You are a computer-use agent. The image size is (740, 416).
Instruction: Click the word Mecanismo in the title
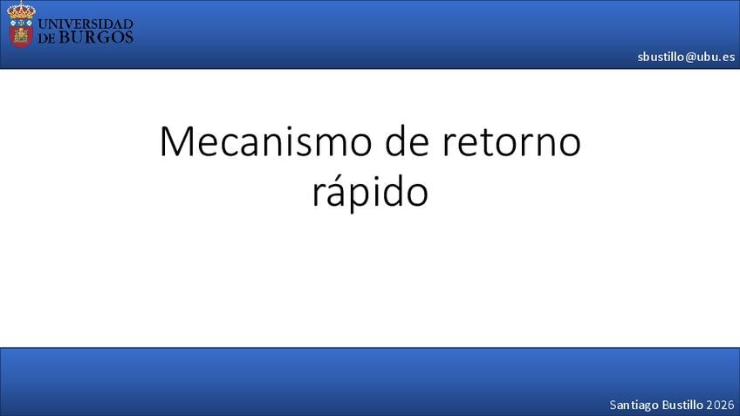pyautogui.click(x=265, y=141)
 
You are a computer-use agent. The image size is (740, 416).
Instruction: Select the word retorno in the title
pyautogui.click(x=511, y=142)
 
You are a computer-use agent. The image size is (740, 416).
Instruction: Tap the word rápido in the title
pyautogui.click(x=371, y=192)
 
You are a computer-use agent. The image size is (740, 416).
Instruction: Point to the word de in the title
pyautogui.click(x=407, y=141)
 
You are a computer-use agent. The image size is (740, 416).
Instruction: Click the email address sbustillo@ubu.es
pyautogui.click(x=686, y=57)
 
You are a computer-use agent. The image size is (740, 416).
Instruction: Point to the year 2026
pyautogui.click(x=720, y=405)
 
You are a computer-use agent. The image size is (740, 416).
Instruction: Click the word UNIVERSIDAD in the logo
pyautogui.click(x=85, y=24)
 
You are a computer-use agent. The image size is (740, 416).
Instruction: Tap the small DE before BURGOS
pyautogui.click(x=47, y=38)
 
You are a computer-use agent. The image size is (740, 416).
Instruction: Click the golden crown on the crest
pyautogui.click(x=21, y=10)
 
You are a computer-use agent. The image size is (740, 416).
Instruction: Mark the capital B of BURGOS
pyautogui.click(x=65, y=38)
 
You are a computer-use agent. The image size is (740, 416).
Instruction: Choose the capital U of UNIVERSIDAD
pyautogui.click(x=43, y=24)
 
